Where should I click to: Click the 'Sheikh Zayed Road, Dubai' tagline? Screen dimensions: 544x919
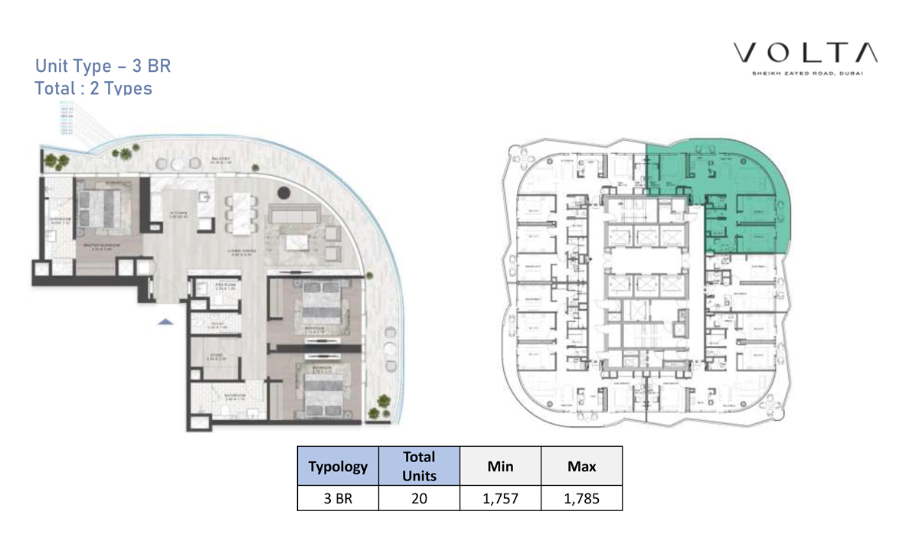[806, 74]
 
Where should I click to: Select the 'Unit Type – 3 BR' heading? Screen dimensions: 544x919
[103, 66]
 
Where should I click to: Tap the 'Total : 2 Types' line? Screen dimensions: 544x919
[93, 88]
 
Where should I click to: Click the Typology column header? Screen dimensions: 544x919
[338, 466]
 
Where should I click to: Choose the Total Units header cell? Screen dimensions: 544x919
[419, 466]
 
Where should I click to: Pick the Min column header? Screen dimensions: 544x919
[500, 466]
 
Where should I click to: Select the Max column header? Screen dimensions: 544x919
[581, 466]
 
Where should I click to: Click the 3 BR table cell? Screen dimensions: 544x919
[338, 499]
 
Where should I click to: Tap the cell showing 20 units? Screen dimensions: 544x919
[419, 499]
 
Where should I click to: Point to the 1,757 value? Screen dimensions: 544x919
[500, 499]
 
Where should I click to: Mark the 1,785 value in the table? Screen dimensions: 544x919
[581, 499]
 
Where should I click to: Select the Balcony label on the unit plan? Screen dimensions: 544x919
[221, 160]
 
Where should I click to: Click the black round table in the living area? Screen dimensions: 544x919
[284, 193]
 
